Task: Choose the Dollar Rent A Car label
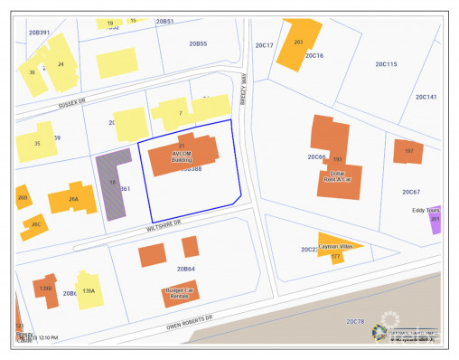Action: (x=336, y=178)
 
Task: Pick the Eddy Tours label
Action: (x=425, y=211)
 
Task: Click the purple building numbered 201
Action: (x=436, y=220)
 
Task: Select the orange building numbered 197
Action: (x=408, y=151)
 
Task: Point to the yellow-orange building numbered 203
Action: (x=298, y=43)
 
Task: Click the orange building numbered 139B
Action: (x=46, y=288)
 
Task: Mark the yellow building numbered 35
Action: (x=35, y=144)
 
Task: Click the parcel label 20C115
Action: (x=386, y=64)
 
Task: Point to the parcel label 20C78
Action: (x=354, y=321)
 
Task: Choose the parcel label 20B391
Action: (x=39, y=32)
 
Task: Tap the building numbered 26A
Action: (x=74, y=199)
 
